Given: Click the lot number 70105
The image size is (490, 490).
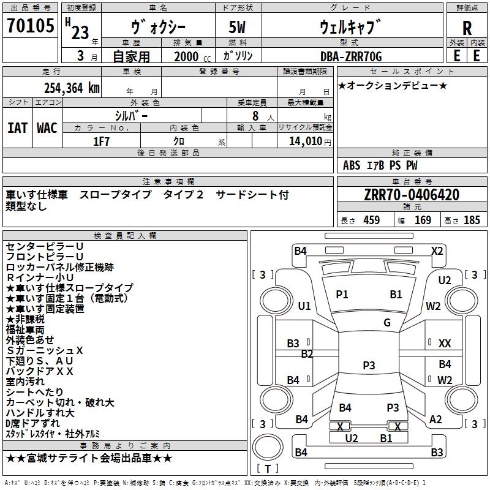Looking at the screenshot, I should [x=31, y=26].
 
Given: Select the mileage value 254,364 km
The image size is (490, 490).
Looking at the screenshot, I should [x=72, y=88].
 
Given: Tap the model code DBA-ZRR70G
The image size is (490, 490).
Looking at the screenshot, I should [x=351, y=56].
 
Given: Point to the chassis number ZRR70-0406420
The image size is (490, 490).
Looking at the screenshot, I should [x=412, y=195].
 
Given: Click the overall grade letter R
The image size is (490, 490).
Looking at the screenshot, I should [x=467, y=28].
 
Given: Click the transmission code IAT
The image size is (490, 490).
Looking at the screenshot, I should [x=18, y=127].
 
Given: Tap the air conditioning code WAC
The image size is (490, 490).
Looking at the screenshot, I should [x=47, y=127].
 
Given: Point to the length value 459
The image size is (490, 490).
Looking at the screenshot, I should [x=371, y=221].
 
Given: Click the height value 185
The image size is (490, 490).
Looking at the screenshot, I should [x=472, y=221].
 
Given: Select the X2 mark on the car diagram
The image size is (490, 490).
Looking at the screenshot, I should [x=437, y=251].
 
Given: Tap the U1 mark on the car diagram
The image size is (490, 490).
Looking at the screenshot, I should [x=304, y=306].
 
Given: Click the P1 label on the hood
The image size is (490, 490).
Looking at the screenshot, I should [x=342, y=295].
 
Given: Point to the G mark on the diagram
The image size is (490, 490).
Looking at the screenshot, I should [x=387, y=322].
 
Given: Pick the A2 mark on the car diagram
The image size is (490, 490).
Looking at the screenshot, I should [x=435, y=419].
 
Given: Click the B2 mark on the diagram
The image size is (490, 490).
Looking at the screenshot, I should [x=307, y=353].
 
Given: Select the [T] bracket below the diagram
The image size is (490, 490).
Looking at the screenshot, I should [x=266, y=469].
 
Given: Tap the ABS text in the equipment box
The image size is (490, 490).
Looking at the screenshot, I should [x=352, y=165].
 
